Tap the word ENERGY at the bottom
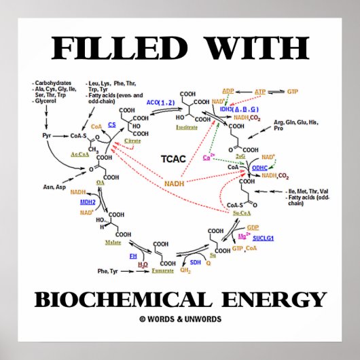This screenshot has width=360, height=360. pos(274,299)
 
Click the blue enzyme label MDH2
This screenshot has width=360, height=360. pos(88,202)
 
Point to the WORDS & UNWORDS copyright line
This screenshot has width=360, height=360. pos(180,319)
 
